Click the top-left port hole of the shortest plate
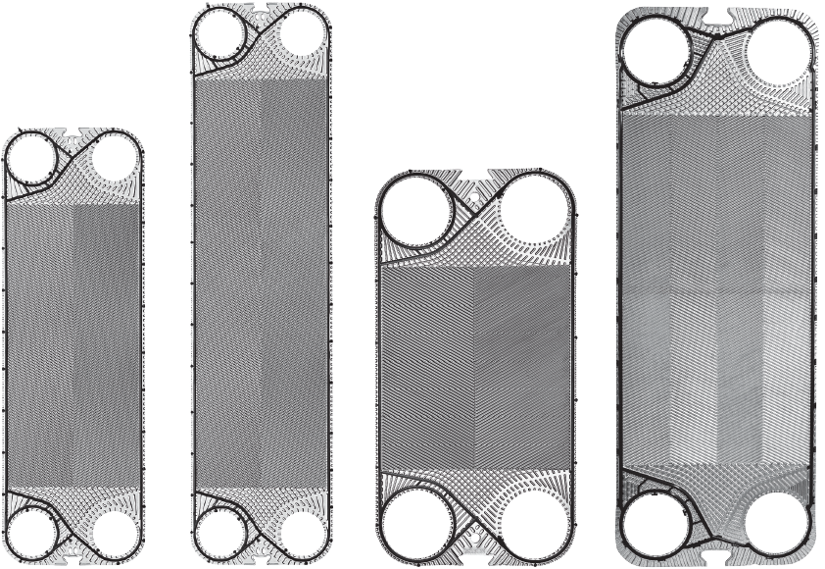(33, 158)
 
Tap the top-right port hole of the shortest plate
(114, 157)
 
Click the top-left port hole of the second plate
(221, 35)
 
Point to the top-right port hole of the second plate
(302, 35)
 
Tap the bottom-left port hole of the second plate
(221, 532)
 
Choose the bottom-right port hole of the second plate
(302, 532)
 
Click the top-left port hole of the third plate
(416, 211)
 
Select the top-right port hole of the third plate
(534, 211)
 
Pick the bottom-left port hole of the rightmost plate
(659, 524)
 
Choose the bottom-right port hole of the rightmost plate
(780, 524)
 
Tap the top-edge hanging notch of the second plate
(262, 8)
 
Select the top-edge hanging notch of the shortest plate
(73, 130)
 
